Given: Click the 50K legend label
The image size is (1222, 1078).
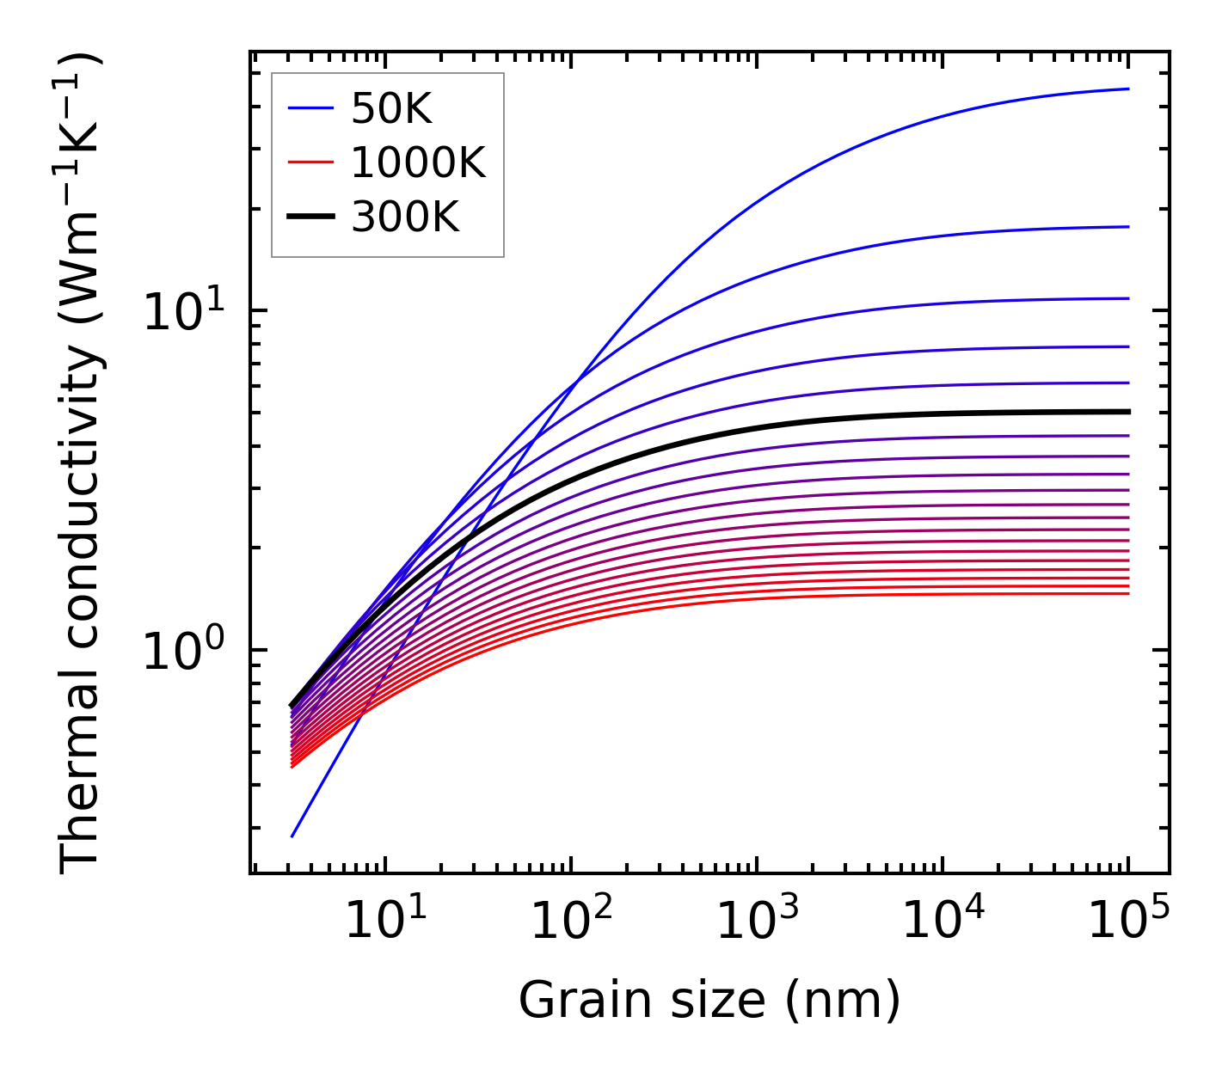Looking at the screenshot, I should tap(391, 108).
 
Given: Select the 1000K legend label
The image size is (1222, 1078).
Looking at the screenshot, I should tap(418, 162).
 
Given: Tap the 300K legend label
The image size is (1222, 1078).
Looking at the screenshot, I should tap(405, 217).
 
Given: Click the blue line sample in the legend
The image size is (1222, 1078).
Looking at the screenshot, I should tap(310, 108).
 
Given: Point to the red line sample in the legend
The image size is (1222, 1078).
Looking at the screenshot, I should tap(310, 162).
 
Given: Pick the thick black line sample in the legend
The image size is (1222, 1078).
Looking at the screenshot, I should tap(310, 217).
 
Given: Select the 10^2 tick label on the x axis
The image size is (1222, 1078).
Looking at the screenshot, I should tap(570, 922).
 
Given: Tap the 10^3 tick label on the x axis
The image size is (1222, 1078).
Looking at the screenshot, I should tap(756, 922).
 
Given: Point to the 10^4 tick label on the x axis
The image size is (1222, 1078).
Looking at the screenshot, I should tap(942, 922).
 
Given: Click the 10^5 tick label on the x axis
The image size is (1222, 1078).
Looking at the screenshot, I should tap(1127, 922).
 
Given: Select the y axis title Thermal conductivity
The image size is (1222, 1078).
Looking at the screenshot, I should tap(81, 464).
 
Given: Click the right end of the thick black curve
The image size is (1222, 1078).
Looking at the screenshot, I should tap(1127, 412).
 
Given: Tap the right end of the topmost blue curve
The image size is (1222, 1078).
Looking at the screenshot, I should tap(1127, 89).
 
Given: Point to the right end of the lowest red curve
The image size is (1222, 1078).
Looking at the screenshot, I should tap(1127, 593).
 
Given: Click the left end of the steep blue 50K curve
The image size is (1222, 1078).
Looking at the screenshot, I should tap(292, 836).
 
